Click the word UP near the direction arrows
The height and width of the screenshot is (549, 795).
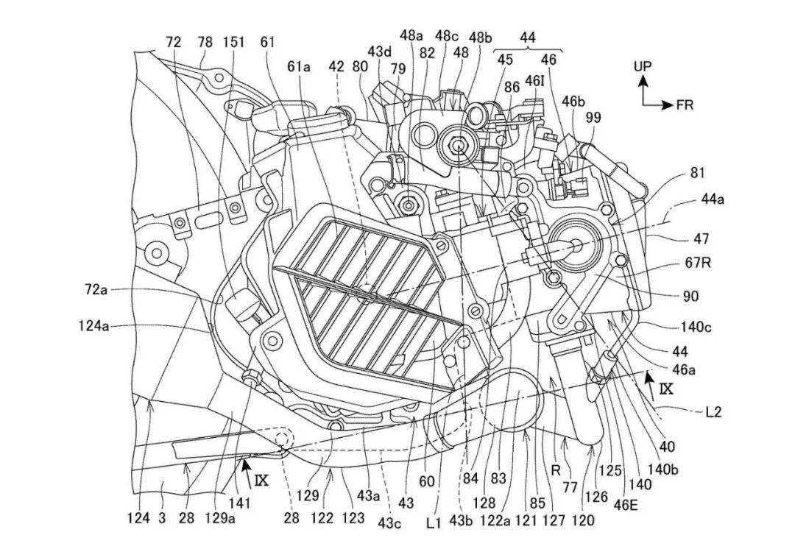643,66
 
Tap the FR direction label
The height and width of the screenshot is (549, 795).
685,105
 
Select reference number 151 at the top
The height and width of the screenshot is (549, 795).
233,43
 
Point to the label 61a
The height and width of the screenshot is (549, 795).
300,67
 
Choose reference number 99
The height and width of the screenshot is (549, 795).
593,117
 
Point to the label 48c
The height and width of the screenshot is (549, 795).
446,35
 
